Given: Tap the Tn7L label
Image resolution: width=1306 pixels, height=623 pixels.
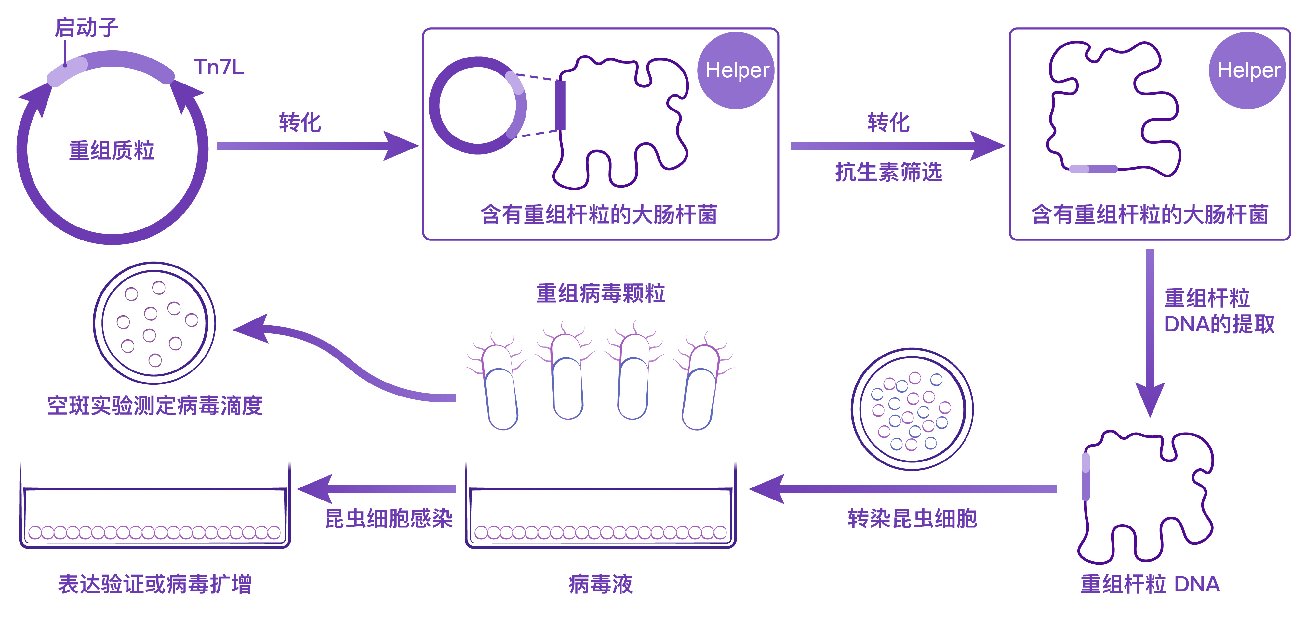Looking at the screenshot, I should (x=219, y=67).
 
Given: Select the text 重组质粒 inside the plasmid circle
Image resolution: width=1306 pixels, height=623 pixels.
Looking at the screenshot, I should (x=112, y=150).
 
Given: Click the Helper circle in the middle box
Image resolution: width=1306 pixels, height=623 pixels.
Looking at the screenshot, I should (x=737, y=71).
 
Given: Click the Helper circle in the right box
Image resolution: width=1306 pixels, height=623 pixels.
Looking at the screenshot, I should (x=1248, y=71).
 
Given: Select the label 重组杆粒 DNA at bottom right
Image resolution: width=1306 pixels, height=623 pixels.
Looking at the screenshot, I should (x=1150, y=584).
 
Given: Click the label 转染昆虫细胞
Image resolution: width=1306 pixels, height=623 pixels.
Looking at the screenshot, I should (x=912, y=518).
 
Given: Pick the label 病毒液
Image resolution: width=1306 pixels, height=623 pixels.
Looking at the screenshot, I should (x=600, y=584).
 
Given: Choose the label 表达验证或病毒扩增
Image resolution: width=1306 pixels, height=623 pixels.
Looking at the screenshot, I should (x=154, y=584).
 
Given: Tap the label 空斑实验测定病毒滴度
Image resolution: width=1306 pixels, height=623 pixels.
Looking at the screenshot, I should (x=154, y=406).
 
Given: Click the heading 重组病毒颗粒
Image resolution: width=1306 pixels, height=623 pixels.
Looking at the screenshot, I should (x=600, y=293).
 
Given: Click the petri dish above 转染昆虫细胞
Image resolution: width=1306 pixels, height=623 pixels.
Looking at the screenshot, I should (x=912, y=409).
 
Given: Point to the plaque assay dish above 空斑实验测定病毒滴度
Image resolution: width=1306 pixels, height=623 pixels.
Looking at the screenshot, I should (x=154, y=323).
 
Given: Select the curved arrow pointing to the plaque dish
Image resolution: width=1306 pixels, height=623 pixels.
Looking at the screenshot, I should (x=345, y=360).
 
